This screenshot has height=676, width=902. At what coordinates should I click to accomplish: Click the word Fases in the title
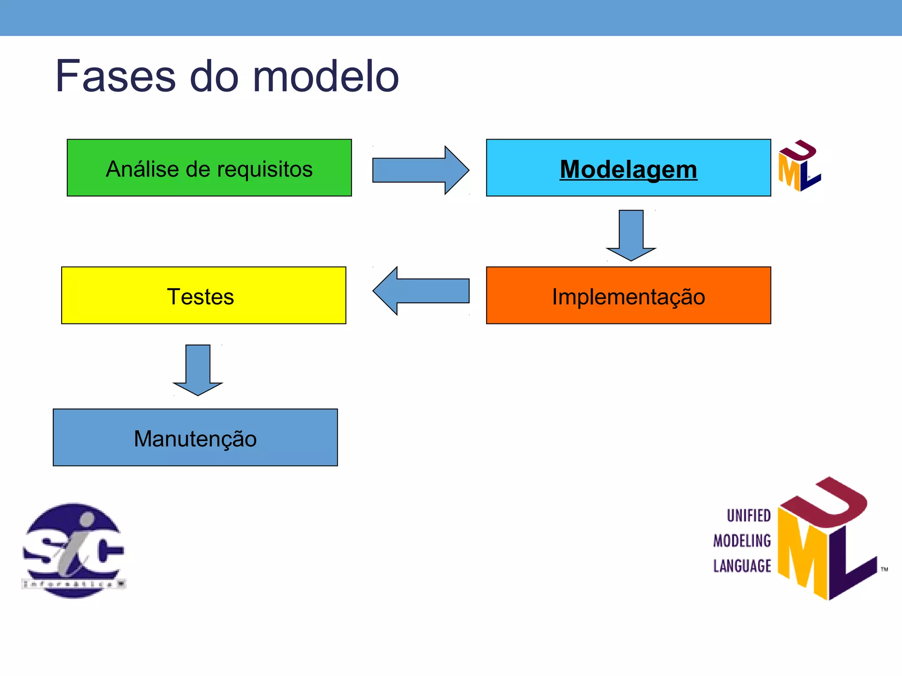point(115,77)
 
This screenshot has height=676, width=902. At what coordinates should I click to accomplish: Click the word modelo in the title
point(325,77)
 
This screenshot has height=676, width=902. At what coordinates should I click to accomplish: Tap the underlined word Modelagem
point(628,169)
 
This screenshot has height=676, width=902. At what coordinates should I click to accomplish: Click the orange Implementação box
point(628,296)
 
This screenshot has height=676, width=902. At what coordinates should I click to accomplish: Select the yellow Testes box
point(203,296)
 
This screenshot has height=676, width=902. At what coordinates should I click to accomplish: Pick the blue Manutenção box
point(195,438)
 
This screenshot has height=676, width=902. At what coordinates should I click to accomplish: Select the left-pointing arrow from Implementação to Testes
point(421,291)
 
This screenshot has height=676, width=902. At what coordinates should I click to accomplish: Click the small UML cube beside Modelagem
point(798,166)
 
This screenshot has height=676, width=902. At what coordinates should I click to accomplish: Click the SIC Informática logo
point(74,551)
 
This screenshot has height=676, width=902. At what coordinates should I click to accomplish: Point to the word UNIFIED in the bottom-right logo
point(748,516)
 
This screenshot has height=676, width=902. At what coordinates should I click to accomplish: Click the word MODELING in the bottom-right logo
point(742,541)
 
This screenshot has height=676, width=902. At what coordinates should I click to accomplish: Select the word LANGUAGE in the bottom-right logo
point(742,566)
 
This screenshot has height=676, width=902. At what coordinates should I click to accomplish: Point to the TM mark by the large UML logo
point(884,569)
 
